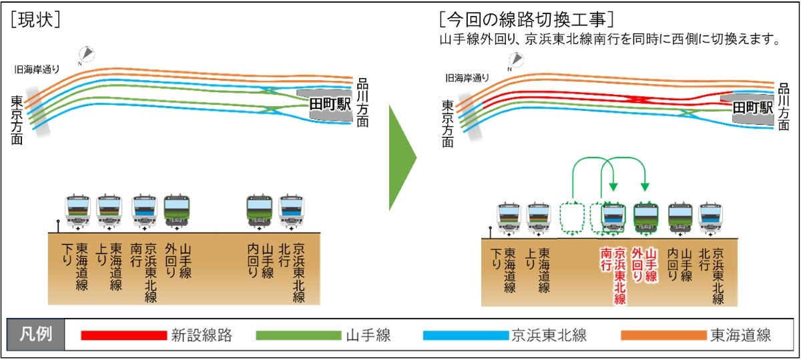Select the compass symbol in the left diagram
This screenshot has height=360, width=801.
86,54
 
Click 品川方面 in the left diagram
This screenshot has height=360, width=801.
363,101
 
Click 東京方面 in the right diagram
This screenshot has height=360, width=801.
447,123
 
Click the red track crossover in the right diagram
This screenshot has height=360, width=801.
639,99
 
